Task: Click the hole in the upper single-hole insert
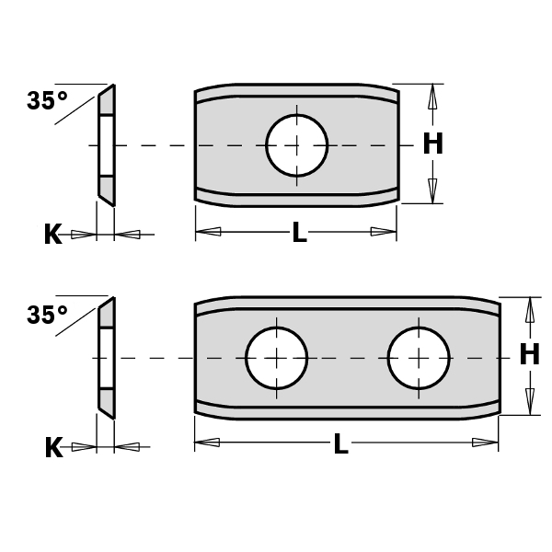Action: [296, 144]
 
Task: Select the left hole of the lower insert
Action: [276, 357]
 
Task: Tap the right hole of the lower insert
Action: [418, 357]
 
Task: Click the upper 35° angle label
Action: [47, 101]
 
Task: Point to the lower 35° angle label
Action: [47, 315]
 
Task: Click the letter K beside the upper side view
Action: [52, 235]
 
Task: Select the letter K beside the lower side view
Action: [53, 448]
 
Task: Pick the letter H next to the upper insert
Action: [432, 144]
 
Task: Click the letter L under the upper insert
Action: [299, 234]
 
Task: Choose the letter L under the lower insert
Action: [340, 445]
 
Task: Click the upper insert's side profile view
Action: [106, 144]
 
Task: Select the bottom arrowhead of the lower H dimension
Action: [529, 401]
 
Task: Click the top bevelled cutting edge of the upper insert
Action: [296, 91]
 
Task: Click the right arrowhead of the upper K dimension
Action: [129, 235]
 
